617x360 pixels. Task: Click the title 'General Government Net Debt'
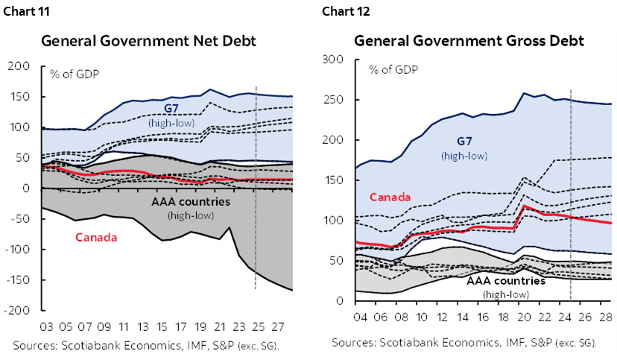point(148,41)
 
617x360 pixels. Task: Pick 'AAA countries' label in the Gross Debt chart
point(506,281)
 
